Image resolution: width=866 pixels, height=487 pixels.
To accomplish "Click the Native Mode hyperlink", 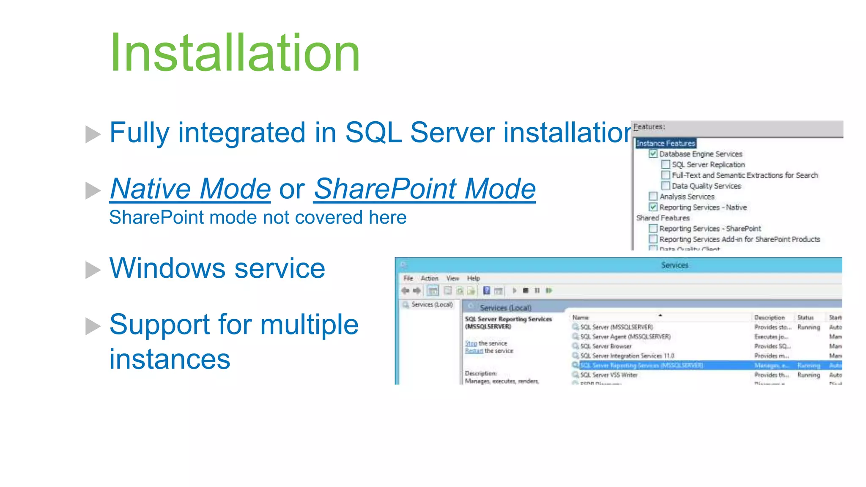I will [190, 189].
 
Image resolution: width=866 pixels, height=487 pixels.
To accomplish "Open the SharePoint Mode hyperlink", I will [425, 189].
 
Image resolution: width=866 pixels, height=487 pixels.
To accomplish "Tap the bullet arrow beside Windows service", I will [93, 270].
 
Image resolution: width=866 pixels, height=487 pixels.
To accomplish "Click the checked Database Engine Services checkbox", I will [653, 154].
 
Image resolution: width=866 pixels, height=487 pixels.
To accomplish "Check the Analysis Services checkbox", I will [653, 197].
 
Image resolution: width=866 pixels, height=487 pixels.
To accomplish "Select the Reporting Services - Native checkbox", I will [653, 207].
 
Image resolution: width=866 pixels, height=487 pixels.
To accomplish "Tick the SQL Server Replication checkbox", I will [666, 164].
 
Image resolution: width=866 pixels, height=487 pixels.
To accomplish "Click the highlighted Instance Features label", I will [666, 143].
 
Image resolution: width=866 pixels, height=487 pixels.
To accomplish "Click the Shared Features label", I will [663, 218].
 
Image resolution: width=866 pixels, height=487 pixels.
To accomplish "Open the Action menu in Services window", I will [429, 278].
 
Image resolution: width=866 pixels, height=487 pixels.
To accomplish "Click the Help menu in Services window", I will [473, 278].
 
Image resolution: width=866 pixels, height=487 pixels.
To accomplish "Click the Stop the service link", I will [471, 343].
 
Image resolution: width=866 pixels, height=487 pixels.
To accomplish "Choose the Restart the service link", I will [474, 351].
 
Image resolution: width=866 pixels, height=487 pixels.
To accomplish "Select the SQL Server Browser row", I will [606, 346].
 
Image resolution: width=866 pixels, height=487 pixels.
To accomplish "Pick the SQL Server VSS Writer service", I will [608, 375].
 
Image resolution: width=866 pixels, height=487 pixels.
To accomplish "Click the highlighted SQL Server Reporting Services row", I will [641, 365].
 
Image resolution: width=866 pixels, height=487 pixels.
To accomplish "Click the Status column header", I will [805, 317].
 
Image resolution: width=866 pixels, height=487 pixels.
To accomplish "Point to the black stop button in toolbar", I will [526, 290].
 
